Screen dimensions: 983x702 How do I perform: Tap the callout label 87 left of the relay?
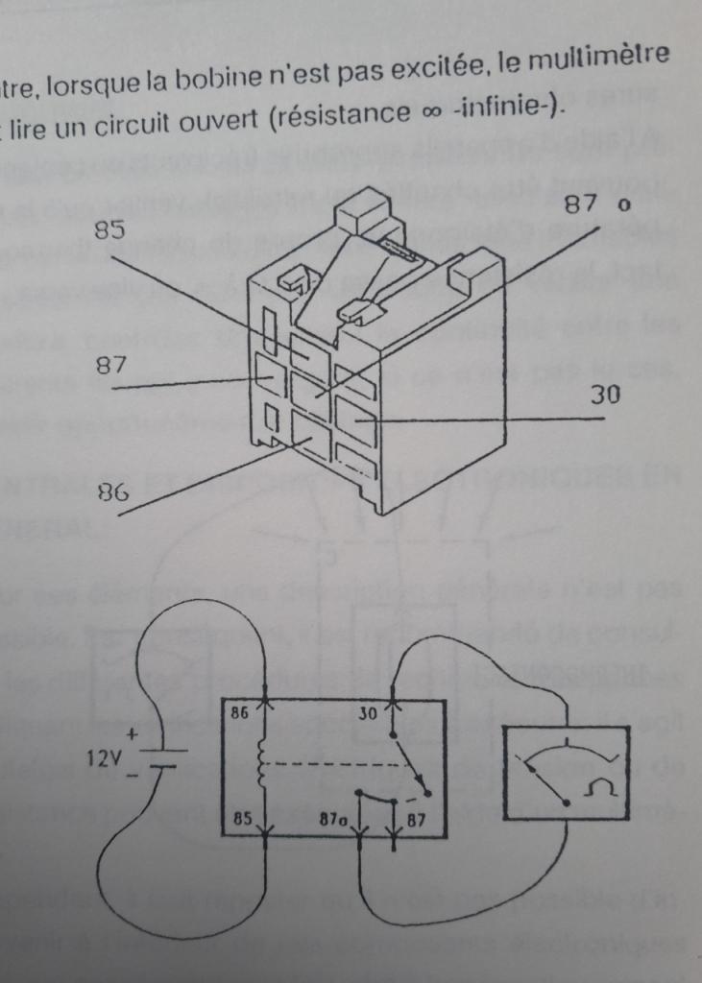coord(109,366)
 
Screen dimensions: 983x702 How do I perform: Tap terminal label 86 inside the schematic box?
coord(241,715)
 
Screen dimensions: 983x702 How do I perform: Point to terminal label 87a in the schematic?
coord(335,822)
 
